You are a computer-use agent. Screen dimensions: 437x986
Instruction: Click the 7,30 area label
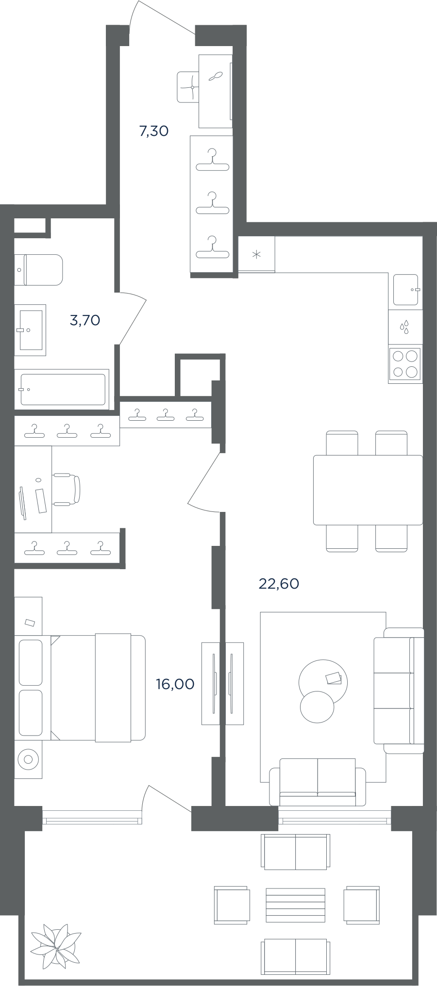(x=154, y=131)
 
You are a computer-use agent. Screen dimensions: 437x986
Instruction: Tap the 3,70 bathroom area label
(x=85, y=320)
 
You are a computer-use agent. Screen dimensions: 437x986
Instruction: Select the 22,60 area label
(x=279, y=583)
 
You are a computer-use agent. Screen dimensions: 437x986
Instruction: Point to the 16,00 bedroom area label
(x=175, y=684)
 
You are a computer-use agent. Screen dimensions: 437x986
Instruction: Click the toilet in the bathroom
(x=39, y=270)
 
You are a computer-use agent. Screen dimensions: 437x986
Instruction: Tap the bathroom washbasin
(x=30, y=330)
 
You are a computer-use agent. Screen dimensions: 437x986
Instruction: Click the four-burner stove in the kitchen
(x=405, y=364)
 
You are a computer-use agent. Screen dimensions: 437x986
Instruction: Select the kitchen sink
(x=406, y=290)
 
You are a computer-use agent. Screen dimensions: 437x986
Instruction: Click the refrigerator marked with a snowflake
(x=256, y=254)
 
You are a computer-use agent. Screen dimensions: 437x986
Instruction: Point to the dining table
(x=368, y=490)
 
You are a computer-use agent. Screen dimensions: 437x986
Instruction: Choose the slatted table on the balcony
(x=295, y=905)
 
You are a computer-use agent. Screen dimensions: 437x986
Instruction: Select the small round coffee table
(x=317, y=706)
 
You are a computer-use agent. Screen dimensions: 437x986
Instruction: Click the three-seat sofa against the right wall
(x=399, y=690)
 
